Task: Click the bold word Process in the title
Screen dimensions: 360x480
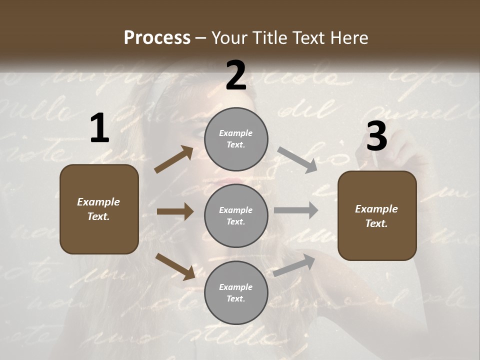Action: tap(157, 37)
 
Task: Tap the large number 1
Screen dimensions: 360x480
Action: tap(99, 128)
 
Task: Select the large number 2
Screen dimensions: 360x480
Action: tap(236, 75)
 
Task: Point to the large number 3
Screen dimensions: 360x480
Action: tap(376, 136)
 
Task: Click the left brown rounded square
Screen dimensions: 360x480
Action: tap(99, 209)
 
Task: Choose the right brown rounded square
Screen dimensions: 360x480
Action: tap(377, 215)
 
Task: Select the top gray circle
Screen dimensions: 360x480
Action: tap(236, 139)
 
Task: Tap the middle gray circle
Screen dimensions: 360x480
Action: tap(236, 215)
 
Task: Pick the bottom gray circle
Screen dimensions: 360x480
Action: tap(236, 292)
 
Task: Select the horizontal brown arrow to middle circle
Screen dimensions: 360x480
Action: tap(175, 211)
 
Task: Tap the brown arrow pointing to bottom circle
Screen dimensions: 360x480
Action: tap(175, 266)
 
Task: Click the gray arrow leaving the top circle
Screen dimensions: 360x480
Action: tap(297, 160)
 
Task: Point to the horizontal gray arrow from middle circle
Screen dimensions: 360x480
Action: tap(296, 210)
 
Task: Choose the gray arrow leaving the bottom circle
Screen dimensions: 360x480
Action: tap(294, 265)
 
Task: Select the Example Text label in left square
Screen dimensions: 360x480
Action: tap(99, 209)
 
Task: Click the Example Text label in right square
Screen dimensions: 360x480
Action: tap(377, 216)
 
